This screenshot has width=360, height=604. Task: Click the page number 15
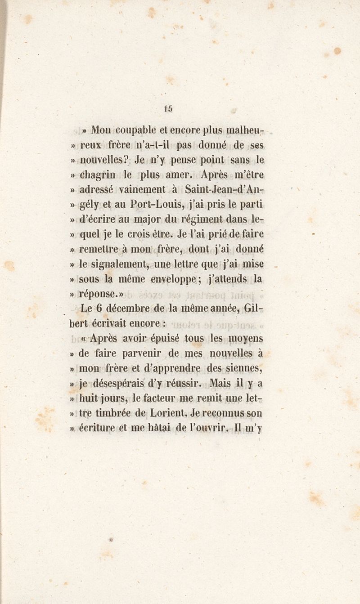point(168,108)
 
